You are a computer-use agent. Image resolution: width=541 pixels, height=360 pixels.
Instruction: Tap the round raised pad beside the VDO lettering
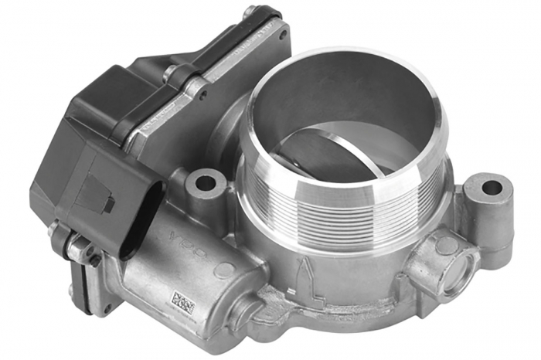(x=224, y=270)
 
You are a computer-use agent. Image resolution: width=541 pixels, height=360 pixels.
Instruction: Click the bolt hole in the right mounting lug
(x=492, y=188)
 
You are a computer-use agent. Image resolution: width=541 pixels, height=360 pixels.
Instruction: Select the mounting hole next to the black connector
(x=206, y=184)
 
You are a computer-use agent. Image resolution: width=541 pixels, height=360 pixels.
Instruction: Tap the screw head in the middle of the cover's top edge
(x=171, y=73)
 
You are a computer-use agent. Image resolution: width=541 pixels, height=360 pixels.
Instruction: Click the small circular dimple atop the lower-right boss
(x=446, y=244)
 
